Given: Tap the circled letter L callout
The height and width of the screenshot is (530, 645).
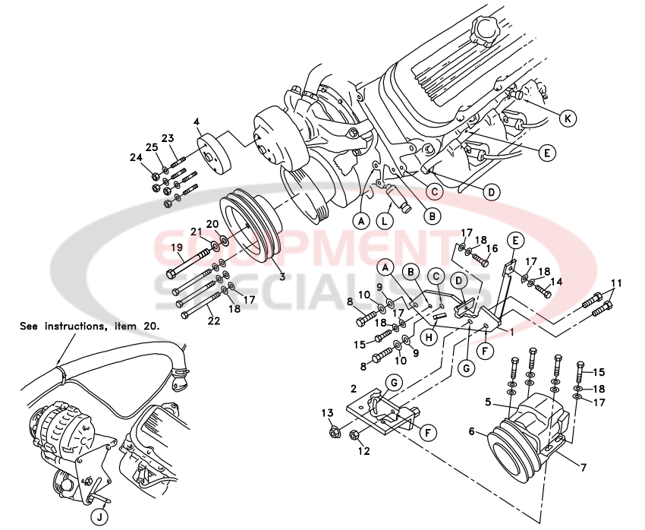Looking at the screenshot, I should coord(385,221).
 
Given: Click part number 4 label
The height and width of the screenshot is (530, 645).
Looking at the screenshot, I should coord(197,121).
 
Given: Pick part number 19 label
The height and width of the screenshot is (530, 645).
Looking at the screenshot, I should coord(176,248).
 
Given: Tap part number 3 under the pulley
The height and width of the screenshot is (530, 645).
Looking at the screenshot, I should coord(282,277).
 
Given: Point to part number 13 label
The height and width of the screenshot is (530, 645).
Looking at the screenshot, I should coord(326,412).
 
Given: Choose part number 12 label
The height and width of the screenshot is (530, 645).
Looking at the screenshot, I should coord(363,451).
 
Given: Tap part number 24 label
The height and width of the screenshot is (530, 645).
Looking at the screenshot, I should coord(137,158).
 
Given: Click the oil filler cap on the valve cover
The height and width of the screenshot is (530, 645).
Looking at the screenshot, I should coord(483,31).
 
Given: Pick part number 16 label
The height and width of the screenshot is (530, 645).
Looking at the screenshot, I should coord(492,248).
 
